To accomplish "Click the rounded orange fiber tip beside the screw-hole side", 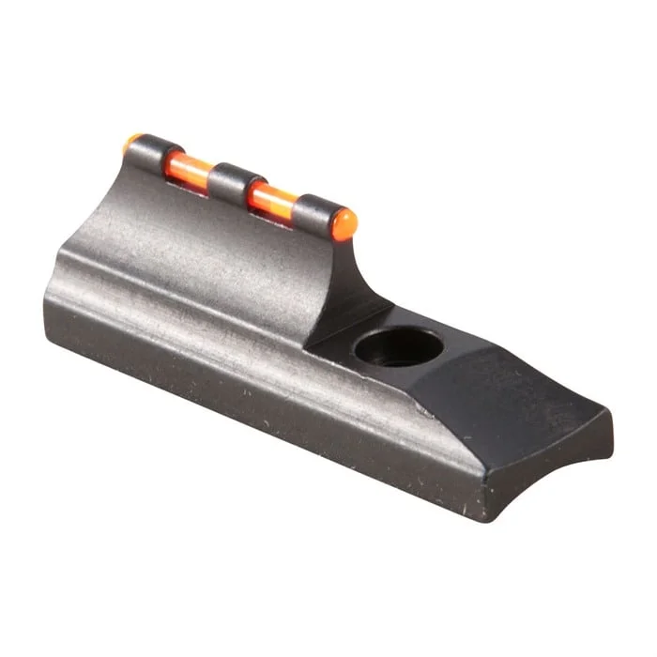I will [x=344, y=222].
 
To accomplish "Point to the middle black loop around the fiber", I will [x=231, y=182].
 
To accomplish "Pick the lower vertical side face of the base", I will [x=235, y=413].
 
